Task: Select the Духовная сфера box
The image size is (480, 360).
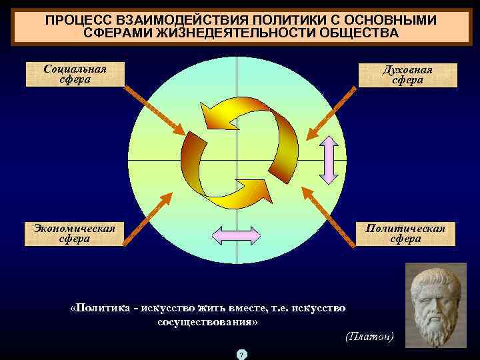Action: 407,75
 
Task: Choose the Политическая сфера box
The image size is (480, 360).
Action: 407,233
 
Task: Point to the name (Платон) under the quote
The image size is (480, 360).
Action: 370,337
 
